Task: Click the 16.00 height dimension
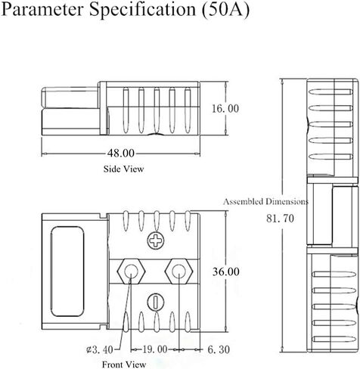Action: coord(225,109)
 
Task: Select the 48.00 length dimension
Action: coord(121,153)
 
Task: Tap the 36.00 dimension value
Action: coord(226,271)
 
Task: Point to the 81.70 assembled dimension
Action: coord(280,219)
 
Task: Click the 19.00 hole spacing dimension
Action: coord(155,349)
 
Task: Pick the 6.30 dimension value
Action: coord(219,349)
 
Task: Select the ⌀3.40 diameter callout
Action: coord(100,349)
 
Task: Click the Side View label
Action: coord(123,169)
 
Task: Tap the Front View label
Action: coord(124,364)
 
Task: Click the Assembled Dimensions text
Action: coord(265,201)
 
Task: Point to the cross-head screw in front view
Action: coord(156,240)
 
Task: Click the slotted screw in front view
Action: coord(156,302)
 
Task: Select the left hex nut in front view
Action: coord(131,271)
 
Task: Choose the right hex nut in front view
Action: coord(178,271)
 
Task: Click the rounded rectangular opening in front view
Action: coord(67,271)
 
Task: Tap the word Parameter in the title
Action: coord(42,9)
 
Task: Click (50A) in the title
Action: coord(225,10)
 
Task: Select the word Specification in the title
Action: coord(143,10)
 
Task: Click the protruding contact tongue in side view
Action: coord(70,98)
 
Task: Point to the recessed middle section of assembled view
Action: coord(332,215)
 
